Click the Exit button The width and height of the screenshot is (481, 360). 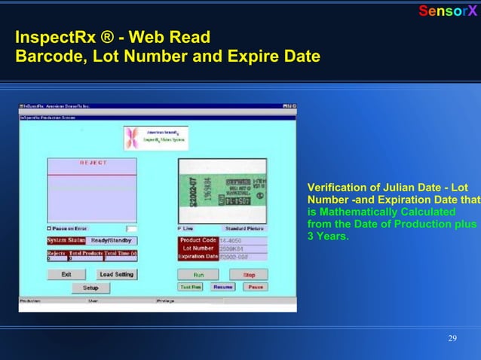pos(66,275)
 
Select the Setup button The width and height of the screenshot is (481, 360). pos(90,288)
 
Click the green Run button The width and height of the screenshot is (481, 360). pos(198,275)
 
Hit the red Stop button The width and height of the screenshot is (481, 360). pos(249,275)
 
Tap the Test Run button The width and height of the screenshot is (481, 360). pos(190,287)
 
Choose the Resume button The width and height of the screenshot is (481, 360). pos(222,287)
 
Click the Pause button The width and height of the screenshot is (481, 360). pos(255,287)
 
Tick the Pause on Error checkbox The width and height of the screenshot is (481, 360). pos(50,228)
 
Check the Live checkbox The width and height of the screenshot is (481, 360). pos(179,228)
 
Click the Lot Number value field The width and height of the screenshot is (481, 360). pos(241,249)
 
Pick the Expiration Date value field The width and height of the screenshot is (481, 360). pos(241,257)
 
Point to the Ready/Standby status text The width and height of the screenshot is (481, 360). pos(112,240)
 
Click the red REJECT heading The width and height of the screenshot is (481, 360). pos(93,163)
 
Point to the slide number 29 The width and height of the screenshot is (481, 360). pos(452,337)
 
